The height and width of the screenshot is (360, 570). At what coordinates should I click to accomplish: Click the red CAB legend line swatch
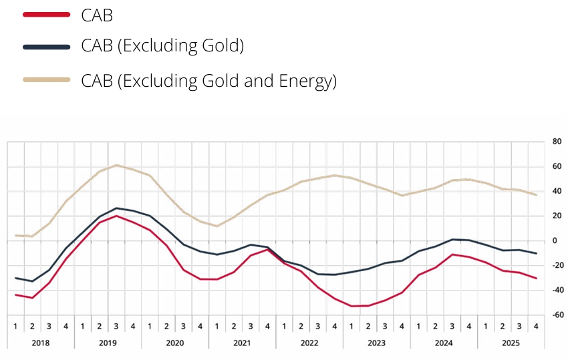(47, 15)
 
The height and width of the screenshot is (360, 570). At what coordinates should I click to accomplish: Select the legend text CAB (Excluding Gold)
(162, 46)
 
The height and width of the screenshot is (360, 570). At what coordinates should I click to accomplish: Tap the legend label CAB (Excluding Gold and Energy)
(209, 81)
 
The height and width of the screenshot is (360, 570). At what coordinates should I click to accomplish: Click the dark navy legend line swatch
(47, 47)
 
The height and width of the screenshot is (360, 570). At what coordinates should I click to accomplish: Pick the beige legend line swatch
(47, 80)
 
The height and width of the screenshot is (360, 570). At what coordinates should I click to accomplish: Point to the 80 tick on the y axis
(557, 142)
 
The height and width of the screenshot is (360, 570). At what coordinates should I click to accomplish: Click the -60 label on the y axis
(557, 315)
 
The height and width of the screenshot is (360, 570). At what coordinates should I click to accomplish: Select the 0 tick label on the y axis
(555, 240)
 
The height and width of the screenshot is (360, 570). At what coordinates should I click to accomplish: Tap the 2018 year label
(40, 343)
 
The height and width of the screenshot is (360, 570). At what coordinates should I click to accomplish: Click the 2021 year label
(242, 343)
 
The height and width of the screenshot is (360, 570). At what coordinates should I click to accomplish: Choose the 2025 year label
(511, 343)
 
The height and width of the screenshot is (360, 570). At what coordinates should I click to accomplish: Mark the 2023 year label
(376, 343)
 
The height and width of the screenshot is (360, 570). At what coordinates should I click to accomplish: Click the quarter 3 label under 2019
(116, 327)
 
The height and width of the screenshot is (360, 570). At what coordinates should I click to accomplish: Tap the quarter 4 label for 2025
(536, 327)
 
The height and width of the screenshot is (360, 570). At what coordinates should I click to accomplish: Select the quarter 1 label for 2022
(284, 327)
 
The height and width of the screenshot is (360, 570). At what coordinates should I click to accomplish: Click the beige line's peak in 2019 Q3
(116, 165)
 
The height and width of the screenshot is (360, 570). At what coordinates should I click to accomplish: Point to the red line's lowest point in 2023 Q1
(351, 306)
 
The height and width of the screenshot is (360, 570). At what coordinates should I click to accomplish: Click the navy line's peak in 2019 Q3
(116, 208)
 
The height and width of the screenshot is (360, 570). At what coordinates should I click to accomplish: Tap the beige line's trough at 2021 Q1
(217, 226)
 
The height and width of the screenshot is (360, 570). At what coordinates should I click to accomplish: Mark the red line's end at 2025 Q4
(536, 279)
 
